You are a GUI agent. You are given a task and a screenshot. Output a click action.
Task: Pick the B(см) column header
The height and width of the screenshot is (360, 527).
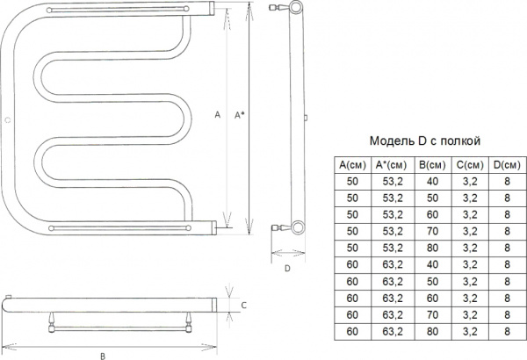coord(430,164)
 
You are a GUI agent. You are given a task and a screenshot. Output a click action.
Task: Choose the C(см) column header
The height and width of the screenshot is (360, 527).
coord(469,164)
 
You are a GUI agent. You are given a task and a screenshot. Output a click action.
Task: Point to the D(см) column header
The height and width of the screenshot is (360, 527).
coord(506,164)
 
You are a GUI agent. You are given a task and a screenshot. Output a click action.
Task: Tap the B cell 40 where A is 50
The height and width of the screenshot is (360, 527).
coord(430,180)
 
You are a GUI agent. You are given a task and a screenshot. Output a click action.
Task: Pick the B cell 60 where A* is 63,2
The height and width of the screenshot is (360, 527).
coord(430,297)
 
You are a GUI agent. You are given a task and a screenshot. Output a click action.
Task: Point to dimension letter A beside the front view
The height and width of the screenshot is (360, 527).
coord(217,115)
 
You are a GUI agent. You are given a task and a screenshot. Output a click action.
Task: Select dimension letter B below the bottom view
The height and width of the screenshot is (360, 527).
coord(103,354)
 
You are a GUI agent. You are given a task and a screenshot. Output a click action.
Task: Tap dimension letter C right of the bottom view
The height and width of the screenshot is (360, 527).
coord(242,304)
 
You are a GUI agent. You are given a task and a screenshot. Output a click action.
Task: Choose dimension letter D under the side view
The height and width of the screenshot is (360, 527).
coord(287,268)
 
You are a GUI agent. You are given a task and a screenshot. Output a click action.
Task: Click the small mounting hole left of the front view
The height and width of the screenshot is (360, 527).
coord(7,118)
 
